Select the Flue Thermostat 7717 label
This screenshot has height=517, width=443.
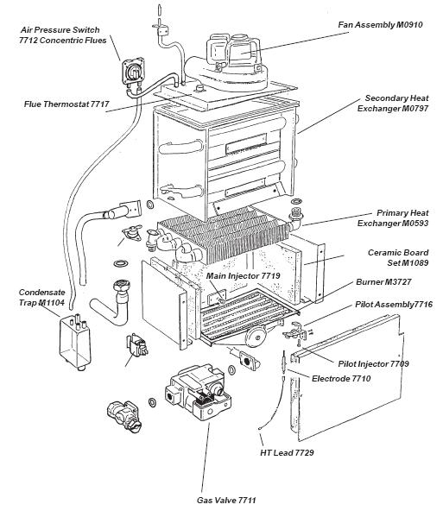pos(66,105)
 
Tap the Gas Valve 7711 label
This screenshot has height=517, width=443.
pos(227,500)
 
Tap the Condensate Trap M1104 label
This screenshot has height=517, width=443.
pos(41,296)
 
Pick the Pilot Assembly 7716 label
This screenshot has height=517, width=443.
pos(393,305)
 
